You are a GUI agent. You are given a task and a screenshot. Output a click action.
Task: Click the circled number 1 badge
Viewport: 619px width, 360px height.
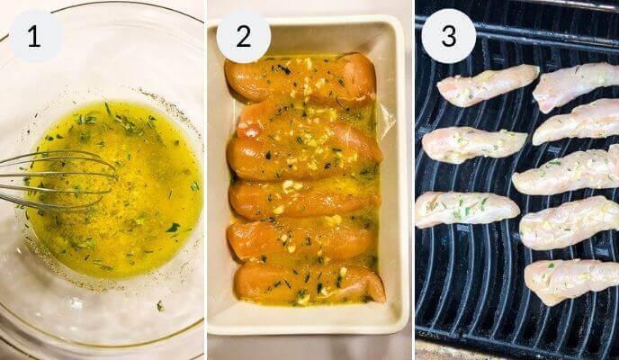point(35,37)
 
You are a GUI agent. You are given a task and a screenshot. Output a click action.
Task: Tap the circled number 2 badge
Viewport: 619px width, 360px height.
point(244,37)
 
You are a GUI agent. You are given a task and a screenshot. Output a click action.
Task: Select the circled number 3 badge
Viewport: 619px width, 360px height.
point(449,37)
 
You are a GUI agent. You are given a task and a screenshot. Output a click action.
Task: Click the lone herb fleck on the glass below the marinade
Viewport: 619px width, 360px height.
point(159,306)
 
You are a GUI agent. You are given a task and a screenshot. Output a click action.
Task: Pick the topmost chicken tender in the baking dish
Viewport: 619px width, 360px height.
point(301,78)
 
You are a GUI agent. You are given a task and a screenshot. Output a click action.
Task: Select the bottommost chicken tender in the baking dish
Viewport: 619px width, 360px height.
point(306,282)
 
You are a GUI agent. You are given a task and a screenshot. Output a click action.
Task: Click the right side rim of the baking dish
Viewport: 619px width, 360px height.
point(396,180)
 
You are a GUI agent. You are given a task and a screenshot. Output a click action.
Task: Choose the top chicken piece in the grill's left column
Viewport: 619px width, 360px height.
point(486,85)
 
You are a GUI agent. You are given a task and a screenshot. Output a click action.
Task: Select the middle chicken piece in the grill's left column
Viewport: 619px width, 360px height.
point(473,143)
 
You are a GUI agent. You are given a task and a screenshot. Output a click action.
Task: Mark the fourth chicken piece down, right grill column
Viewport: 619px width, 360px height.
point(569,223)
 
